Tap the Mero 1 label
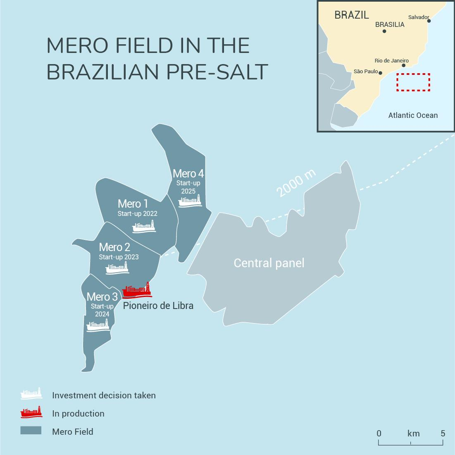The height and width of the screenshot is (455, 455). click(133, 204)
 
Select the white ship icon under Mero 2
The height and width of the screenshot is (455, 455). click(117, 269)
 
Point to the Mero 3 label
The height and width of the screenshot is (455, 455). click(102, 297)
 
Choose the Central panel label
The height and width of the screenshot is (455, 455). click(269, 263)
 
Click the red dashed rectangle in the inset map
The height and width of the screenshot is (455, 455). click(413, 82)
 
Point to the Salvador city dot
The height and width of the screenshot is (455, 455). click(429, 21)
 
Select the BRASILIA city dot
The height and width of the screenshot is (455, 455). click(384, 31)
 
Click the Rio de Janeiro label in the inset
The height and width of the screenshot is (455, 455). click(391, 61)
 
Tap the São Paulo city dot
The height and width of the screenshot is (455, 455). click(381, 73)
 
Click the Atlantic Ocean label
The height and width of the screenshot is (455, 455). click(413, 115)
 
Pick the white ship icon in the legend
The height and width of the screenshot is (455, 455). click(31, 394)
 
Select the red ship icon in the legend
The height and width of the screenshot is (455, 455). click(31, 412)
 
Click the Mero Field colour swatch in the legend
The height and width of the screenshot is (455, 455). click(31, 431)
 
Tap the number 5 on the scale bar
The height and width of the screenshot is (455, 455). click(443, 433)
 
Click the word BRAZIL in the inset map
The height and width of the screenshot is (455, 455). click(352, 15)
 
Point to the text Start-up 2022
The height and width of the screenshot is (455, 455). click(137, 214)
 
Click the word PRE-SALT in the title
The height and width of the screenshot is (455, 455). click(217, 72)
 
